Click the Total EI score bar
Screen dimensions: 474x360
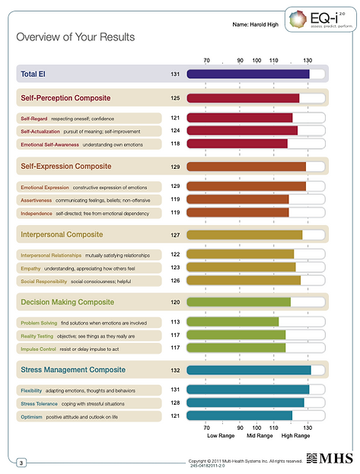click(248, 74)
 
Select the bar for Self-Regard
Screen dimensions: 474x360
click(240, 118)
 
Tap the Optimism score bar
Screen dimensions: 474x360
click(240, 415)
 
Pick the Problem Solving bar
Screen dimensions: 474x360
click(233, 322)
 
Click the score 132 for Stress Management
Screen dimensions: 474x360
click(175, 371)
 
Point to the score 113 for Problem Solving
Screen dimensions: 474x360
click(175, 322)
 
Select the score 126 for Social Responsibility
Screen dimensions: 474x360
click(175, 281)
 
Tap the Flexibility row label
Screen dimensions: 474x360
click(32, 390)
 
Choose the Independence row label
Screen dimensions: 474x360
click(37, 214)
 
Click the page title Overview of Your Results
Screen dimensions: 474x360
click(75, 37)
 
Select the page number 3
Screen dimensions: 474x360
click(21, 463)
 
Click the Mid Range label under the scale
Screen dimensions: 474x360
click(260, 436)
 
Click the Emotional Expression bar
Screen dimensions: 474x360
click(246, 186)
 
